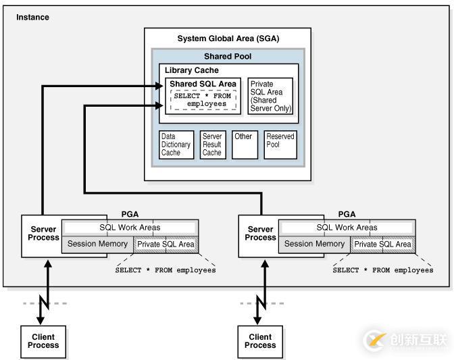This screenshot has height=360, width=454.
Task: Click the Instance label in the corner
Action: pos(32,17)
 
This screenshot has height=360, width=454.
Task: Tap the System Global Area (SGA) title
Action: pos(228,38)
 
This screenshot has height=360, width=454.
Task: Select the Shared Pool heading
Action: pos(228,56)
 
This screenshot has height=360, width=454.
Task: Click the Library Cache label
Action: pos(192,70)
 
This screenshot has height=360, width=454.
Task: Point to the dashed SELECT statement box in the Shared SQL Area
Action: pos(203,100)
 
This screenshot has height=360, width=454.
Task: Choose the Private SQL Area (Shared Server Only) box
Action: pos(270,97)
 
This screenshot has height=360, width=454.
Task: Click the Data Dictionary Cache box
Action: pos(176,145)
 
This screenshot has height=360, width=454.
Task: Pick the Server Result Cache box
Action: pos(212,145)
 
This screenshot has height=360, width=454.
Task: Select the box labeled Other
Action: pos(245,145)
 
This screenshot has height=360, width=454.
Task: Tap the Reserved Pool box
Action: pos(280,145)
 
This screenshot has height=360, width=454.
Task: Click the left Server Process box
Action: pos(42,236)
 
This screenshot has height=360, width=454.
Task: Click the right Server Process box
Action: pos(259,236)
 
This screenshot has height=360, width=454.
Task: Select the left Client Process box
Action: pos(43,341)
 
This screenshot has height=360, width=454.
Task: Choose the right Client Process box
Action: pos(260,341)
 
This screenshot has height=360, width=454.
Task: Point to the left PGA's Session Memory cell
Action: pos(97,244)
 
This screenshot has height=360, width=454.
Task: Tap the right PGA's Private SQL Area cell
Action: pos(382,245)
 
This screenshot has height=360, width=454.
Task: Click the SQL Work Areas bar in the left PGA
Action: pos(130,228)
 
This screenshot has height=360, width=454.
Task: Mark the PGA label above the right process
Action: pos(346,214)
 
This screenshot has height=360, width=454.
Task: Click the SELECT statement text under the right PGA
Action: pos(382,270)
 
